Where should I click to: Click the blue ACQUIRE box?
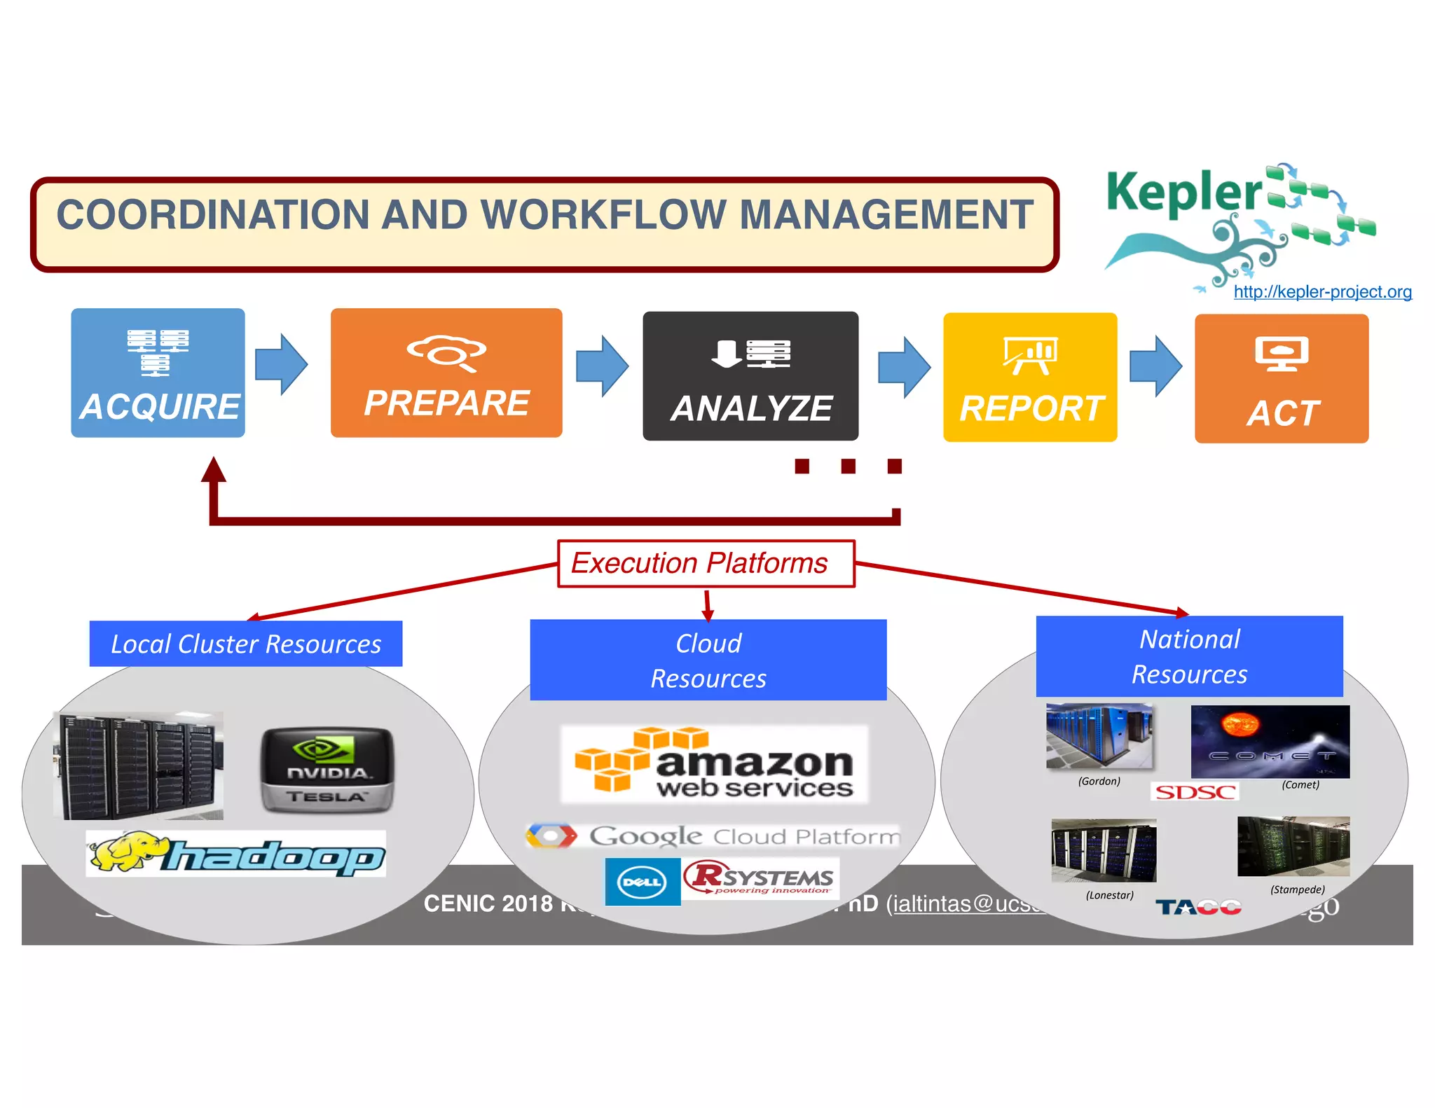(158, 373)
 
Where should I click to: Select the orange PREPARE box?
(446, 373)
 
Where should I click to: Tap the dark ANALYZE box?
(750, 376)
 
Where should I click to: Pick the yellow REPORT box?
(1030, 377)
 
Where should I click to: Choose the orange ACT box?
(1282, 378)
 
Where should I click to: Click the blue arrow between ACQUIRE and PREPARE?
(282, 364)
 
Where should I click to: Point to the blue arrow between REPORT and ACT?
(1156, 366)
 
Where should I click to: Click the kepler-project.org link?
(1322, 292)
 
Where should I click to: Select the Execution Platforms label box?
(706, 563)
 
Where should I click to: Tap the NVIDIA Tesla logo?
(327, 770)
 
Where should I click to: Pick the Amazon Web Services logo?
(714, 764)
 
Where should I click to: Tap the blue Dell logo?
(643, 882)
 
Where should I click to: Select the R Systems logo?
(761, 879)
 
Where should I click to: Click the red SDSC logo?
(1195, 792)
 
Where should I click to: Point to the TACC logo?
(1198, 908)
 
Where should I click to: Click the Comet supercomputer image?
(1270, 742)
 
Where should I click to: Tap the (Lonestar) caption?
(1109, 895)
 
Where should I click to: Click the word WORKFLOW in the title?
(603, 214)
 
